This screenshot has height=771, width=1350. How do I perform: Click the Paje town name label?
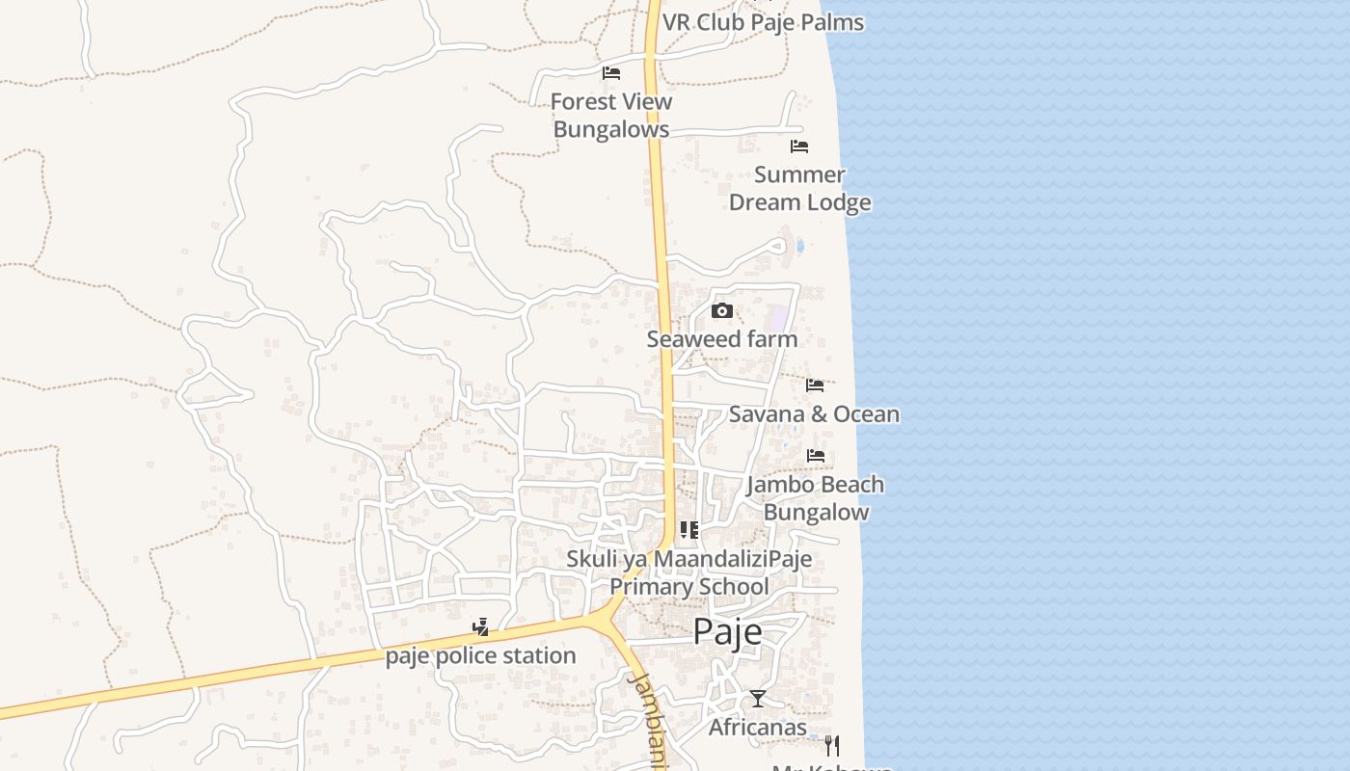tap(727, 631)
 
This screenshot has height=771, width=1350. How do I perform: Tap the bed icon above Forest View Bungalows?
tap(610, 73)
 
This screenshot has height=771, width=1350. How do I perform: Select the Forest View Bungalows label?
tap(611, 116)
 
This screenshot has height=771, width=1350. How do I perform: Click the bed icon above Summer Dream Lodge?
tap(799, 146)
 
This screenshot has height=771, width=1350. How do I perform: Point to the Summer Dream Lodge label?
tap(799, 189)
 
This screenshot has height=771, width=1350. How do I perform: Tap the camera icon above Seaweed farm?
tap(721, 310)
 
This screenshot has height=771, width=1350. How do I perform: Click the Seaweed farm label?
tap(721, 339)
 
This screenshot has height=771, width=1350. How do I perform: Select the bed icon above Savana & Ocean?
tap(815, 385)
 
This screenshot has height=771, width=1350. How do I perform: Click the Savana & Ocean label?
tap(814, 414)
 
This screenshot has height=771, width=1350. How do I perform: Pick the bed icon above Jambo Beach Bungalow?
tap(816, 456)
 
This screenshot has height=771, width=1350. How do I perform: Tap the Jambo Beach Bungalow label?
tap(816, 498)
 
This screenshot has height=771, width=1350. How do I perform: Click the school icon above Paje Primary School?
tap(688, 530)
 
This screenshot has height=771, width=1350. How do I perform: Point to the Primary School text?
tap(688, 587)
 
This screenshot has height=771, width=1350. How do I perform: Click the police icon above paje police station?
tap(480, 628)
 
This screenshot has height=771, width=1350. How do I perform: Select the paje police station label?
tap(480, 656)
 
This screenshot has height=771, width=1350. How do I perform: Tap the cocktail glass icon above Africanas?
tap(758, 699)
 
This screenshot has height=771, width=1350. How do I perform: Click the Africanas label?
tap(758, 728)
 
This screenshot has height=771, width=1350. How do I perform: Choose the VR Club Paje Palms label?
tap(763, 22)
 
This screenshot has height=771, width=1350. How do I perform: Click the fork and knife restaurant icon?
tap(832, 746)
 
